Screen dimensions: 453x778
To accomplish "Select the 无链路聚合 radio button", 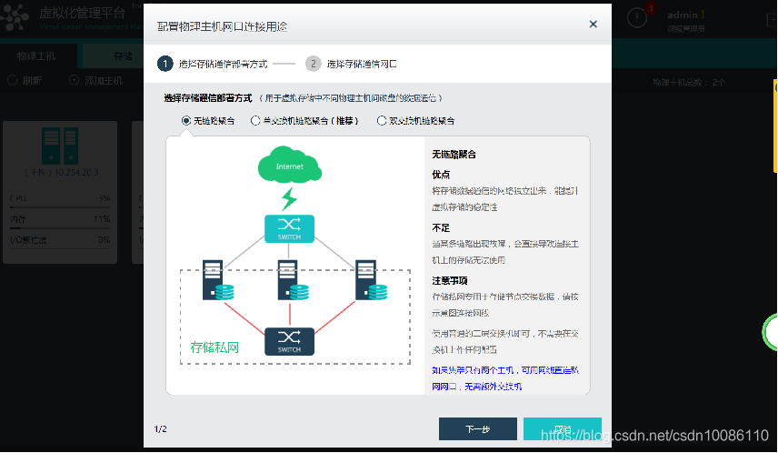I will point(186,120).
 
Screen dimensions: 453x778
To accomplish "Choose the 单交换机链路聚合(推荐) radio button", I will point(255,120).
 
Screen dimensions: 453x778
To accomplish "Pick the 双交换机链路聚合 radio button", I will point(382,120).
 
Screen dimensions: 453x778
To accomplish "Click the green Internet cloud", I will point(289,166).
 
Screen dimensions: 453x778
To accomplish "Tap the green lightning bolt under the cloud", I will point(289,198).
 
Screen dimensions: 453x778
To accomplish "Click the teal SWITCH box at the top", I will point(289,228).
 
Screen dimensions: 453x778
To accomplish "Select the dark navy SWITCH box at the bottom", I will point(289,341).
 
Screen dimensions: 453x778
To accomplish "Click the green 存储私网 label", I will point(214,347).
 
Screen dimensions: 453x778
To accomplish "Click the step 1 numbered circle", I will point(165,64).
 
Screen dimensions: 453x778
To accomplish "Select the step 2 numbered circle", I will point(313,64).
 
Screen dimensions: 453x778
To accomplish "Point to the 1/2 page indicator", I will point(160,428).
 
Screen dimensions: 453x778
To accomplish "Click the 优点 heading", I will point(441,174).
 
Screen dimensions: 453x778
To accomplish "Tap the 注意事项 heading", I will point(449,280).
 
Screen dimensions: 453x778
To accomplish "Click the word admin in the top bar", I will point(684,15).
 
